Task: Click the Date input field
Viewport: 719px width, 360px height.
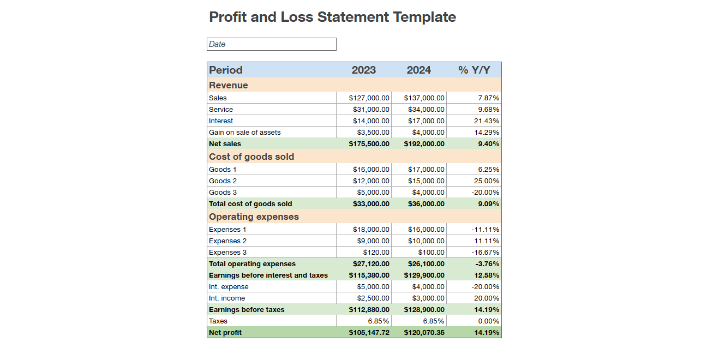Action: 271,44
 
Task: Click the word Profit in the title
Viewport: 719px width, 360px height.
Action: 228,17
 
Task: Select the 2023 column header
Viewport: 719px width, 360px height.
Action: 363,70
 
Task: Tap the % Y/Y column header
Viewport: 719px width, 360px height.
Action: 474,70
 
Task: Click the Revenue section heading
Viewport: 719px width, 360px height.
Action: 228,85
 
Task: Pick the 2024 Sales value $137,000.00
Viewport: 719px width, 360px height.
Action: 424,98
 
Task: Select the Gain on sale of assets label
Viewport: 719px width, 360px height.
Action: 244,133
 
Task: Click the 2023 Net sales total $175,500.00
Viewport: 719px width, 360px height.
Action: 369,144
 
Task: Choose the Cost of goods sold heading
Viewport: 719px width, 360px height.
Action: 251,157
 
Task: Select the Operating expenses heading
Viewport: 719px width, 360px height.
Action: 254,217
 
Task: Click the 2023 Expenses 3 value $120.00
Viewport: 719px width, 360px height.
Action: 376,253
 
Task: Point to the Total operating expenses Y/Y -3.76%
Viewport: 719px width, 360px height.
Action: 487,264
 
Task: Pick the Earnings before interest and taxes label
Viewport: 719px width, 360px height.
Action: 268,275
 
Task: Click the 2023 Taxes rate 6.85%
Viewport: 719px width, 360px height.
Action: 379,321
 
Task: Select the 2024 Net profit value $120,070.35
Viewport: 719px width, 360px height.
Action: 424,333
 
